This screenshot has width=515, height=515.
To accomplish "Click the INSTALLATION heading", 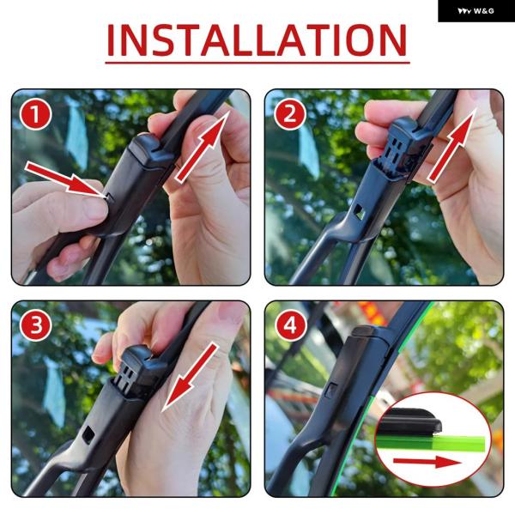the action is [257, 40].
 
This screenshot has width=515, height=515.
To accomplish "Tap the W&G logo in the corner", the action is [476, 11].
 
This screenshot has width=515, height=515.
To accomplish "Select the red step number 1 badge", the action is [35, 114].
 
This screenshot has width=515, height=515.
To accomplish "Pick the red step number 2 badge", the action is [290, 114].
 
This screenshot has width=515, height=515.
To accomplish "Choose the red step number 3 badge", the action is [35, 326].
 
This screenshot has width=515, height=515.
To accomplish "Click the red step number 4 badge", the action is [290, 326].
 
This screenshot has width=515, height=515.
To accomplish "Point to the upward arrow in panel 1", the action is [202, 146].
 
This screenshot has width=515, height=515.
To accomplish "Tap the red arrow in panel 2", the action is [452, 145].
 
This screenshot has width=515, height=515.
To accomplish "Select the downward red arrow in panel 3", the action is [190, 377].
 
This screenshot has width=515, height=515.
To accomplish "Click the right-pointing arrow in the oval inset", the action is [427, 462].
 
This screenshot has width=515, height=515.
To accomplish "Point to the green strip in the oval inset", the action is [431, 444].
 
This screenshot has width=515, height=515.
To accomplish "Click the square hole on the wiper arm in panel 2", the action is [360, 212].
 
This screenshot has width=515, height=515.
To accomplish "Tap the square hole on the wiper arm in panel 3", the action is [88, 435].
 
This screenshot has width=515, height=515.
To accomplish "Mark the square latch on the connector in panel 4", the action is [331, 391].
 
